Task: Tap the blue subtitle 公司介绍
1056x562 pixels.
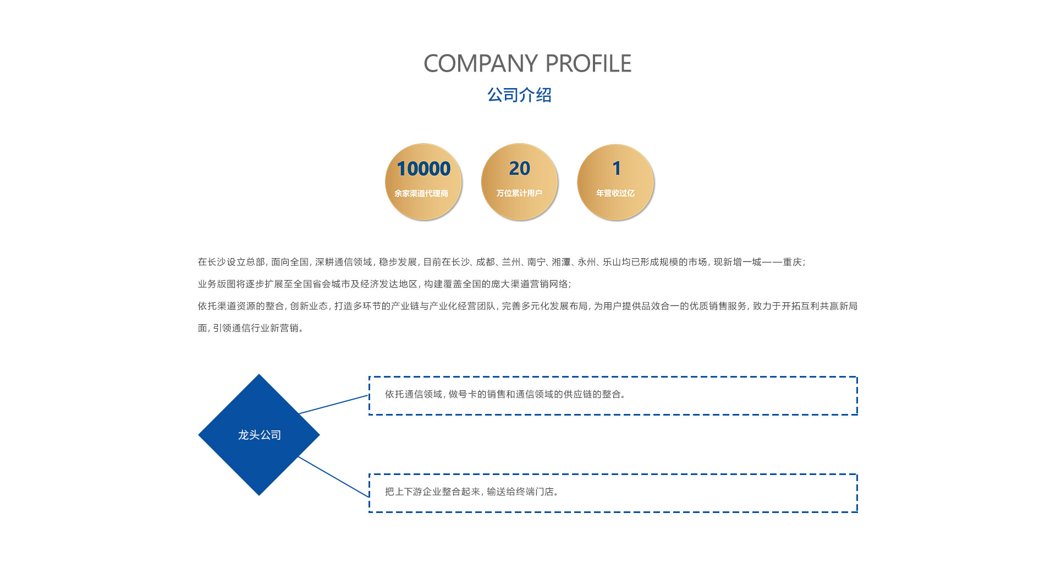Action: pos(519,95)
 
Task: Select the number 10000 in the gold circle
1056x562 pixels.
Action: pos(424,168)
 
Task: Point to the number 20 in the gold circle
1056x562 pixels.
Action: pos(520,168)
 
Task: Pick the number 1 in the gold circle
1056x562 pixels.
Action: pos(617,168)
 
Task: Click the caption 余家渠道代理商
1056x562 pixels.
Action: pos(421,193)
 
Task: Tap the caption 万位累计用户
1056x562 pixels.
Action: pos(519,193)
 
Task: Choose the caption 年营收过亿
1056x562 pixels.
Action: pos(615,193)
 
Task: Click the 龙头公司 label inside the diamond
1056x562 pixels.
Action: pos(259,435)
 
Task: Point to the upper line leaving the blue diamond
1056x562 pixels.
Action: pos(333,405)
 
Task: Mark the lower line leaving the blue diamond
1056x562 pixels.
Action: pos(333,477)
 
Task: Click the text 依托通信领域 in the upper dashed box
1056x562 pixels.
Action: pos(413,394)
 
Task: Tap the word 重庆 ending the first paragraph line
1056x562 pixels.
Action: pos(793,262)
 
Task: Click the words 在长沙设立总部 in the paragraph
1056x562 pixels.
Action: pos(232,262)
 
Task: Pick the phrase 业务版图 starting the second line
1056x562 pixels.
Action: pos(217,284)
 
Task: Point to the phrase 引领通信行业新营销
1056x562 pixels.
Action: pos(256,328)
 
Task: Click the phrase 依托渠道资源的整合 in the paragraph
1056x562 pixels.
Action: pos(241,306)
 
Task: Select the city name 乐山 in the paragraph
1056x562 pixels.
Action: pos(612,262)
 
